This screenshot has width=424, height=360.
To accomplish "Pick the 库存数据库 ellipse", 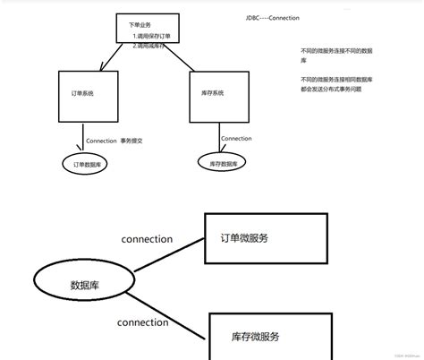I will (224, 162).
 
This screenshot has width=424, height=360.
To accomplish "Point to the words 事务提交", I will (133, 141).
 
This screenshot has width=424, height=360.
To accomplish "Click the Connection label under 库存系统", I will (236, 138).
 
